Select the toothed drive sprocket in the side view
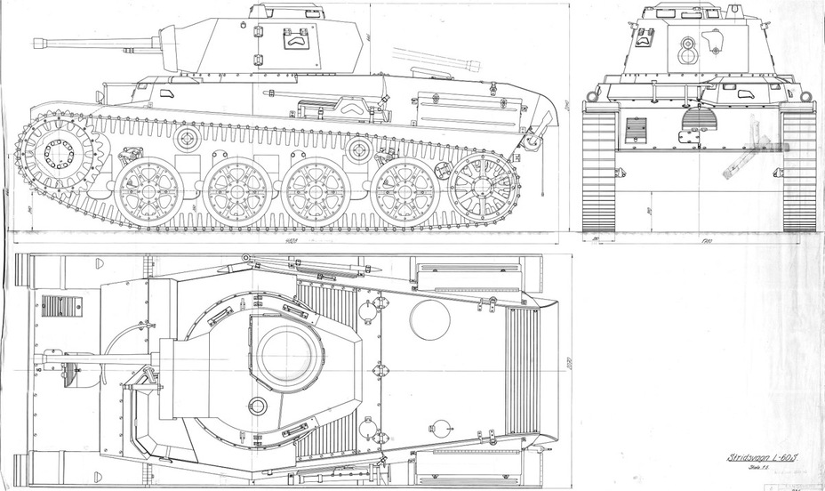coord(59,153)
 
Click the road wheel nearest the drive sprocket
coord(148,190)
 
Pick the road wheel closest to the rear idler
coord(405,192)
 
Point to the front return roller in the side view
coord(187,138)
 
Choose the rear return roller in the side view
coord(358,148)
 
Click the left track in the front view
coord(599,169)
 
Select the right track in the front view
coord(798,169)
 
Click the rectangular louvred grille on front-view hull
coord(636,130)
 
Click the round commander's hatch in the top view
coord(286,351)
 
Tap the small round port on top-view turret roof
coord(258,406)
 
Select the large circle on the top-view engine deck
coord(429,318)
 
